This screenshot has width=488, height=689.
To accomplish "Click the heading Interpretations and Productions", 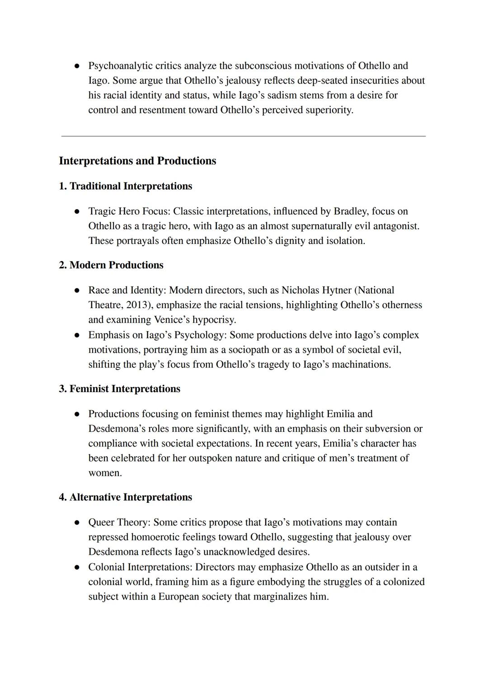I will (x=137, y=161).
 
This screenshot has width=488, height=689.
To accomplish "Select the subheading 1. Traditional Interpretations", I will (x=125, y=186).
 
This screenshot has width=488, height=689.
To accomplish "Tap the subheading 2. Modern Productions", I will (x=111, y=265).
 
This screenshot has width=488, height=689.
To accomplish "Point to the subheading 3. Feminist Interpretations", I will (x=119, y=389).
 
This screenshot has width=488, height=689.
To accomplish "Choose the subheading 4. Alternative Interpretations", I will (x=125, y=497).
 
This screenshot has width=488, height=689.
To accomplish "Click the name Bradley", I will (x=351, y=211).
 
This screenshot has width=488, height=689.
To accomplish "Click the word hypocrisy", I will (x=214, y=319).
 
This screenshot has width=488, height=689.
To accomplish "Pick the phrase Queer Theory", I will (x=119, y=522).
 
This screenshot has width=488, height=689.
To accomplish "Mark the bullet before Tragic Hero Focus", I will (x=77, y=211).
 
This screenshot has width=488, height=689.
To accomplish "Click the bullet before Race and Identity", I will (x=77, y=291).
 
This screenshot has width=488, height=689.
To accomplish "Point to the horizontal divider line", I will (x=243, y=136).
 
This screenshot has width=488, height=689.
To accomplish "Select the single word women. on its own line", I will (x=105, y=473).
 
